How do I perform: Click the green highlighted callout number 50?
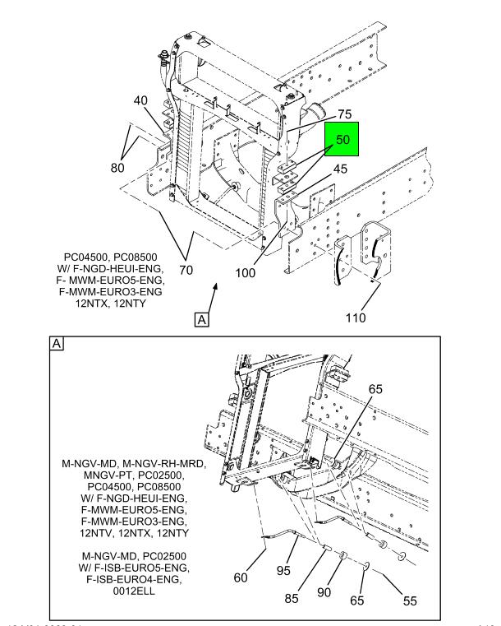(x=342, y=141)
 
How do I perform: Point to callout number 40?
(x=141, y=101)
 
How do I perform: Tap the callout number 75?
(x=322, y=114)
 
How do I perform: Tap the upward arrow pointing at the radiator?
(x=215, y=287)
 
